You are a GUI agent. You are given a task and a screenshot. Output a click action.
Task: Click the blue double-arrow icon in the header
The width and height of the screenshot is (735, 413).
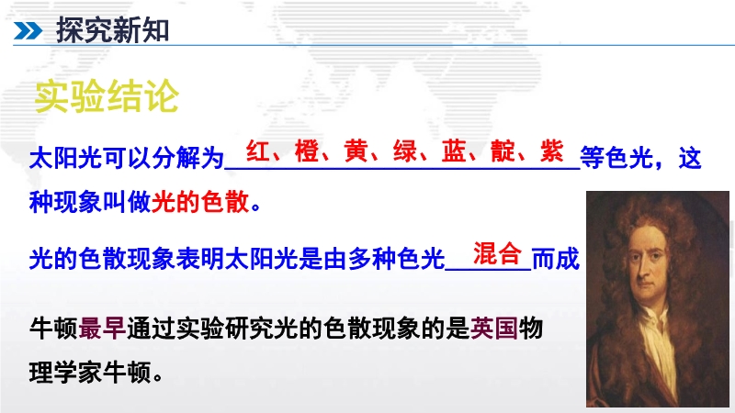pos(28,31)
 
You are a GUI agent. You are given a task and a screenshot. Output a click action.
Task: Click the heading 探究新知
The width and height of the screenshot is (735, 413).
pos(112,30)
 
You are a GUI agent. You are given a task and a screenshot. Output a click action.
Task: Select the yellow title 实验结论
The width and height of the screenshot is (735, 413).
pos(107,96)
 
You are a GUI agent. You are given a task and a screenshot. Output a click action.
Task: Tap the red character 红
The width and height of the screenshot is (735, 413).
pos(258,151)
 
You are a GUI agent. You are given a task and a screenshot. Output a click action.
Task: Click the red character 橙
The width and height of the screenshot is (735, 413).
pos(307,151)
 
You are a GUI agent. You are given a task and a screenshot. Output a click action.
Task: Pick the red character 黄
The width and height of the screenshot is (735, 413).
pos(356,151)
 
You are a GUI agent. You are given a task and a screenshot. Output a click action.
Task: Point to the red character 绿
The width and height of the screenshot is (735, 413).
pos(405,151)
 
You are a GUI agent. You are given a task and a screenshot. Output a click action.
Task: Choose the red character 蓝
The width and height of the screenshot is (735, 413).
pos(454,151)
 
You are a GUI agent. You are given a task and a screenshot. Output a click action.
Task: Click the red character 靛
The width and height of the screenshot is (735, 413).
pos(503,151)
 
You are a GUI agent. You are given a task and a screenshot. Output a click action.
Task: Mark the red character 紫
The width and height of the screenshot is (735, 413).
pos(552,151)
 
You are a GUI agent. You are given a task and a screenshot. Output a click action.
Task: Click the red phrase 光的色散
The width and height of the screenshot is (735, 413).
pos(200,203)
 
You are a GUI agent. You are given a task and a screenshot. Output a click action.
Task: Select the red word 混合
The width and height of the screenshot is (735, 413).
pos(497,253)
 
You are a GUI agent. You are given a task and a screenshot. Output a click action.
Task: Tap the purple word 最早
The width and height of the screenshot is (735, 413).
pos(102,328)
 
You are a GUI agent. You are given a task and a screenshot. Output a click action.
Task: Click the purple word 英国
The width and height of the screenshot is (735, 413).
pos(493,328)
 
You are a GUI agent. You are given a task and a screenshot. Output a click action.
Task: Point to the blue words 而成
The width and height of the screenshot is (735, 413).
pos(556,259)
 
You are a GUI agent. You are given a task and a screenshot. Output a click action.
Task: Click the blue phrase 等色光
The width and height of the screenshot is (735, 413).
pos(616,158)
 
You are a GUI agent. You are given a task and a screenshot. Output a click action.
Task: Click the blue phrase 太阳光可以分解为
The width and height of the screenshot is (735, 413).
pos(127,158)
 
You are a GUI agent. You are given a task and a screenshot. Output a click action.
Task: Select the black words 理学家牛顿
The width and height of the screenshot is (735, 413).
pos(90,373)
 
